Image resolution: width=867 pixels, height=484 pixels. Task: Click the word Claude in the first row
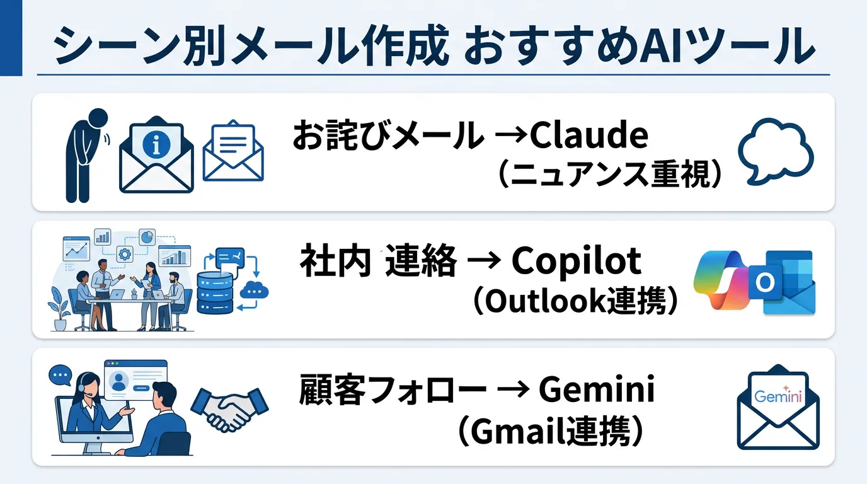589,135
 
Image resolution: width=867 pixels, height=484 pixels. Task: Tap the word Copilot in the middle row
576,262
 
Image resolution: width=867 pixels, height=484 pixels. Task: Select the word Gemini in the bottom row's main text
596,389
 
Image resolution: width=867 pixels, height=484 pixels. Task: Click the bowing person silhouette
87,154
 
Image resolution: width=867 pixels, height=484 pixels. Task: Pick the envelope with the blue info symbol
156,157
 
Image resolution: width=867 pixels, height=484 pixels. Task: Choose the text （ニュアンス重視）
609,175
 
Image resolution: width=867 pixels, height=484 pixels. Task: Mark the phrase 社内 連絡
378,262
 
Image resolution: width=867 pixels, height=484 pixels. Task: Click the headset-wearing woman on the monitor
88,403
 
